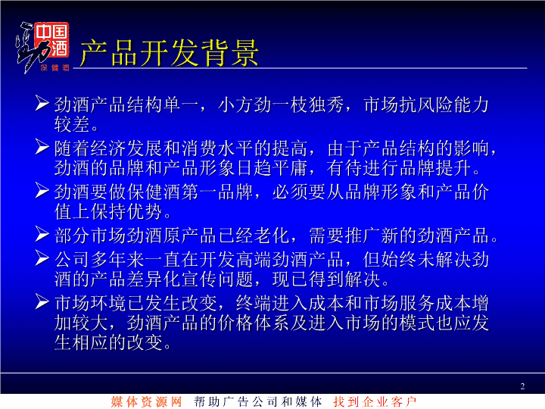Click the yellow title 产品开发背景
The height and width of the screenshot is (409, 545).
coord(170,53)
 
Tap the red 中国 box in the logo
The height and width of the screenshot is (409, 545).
coord(51,32)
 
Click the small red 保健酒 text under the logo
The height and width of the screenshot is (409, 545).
coord(55,68)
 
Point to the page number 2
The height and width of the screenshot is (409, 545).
coord(522,386)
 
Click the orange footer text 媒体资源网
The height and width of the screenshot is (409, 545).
coord(146,401)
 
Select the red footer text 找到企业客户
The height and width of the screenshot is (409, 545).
coord(375,401)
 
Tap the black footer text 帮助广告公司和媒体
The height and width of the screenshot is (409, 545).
coord(257,401)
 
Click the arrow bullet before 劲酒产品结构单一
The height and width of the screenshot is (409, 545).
coord(42,103)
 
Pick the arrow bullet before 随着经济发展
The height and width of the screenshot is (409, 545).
coord(42,146)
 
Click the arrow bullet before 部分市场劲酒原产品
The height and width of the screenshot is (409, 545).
coord(42,234)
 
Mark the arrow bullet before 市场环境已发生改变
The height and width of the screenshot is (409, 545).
coord(42,301)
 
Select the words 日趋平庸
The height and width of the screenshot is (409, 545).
coord(272,168)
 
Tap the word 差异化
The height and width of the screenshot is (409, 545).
coord(154,279)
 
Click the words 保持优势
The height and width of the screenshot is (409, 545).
coord(127,212)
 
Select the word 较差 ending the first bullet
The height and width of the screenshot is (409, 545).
coord(72,124)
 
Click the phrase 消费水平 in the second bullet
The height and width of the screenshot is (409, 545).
coord(217,148)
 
